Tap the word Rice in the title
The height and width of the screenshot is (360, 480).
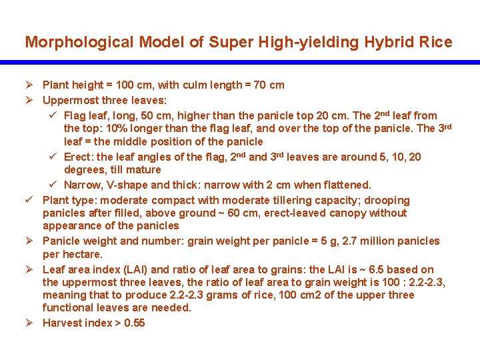click(436, 43)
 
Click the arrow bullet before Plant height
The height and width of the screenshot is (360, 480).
click(29, 85)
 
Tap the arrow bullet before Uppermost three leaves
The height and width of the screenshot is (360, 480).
click(29, 101)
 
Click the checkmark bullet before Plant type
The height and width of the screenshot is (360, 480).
click(30, 201)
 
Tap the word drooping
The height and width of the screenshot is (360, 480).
click(387, 201)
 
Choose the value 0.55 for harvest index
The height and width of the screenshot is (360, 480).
click(133, 323)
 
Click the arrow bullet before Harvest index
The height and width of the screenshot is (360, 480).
click(29, 323)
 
